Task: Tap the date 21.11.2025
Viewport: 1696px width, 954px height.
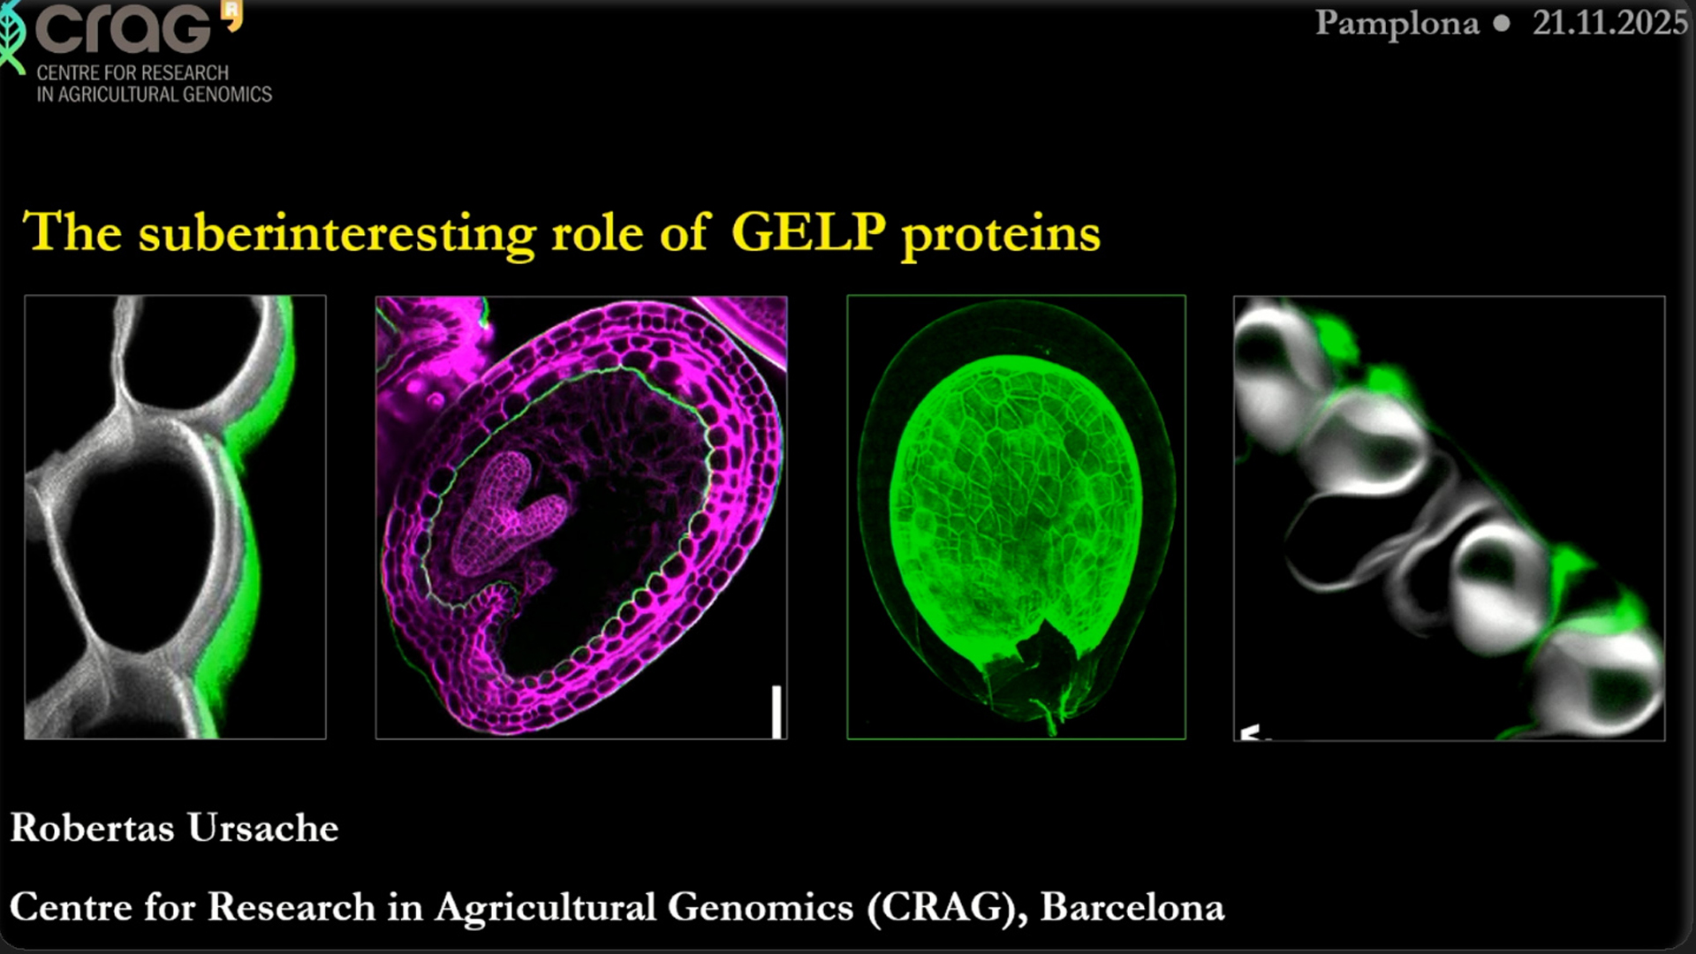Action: click(x=1609, y=22)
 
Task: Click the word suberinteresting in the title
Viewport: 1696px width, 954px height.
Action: click(x=337, y=234)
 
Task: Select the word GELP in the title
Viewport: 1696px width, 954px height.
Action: click(x=808, y=231)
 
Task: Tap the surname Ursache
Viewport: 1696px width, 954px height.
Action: click(x=263, y=828)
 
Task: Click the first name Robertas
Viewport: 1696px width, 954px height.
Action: click(x=92, y=828)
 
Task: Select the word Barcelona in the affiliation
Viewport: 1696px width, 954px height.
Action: click(x=1132, y=907)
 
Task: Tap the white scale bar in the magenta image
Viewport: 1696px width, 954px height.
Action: click(x=776, y=711)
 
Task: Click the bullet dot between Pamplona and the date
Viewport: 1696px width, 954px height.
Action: click(x=1502, y=24)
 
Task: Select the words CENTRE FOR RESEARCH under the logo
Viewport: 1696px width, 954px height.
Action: click(x=132, y=72)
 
